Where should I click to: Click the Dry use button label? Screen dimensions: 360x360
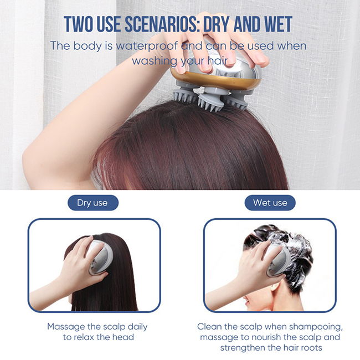tap(92, 203)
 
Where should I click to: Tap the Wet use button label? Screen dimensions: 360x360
tap(270, 203)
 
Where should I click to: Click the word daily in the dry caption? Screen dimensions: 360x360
tap(135, 327)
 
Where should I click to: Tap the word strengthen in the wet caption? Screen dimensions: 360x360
tap(243, 348)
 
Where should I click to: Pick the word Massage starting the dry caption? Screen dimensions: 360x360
tap(65, 327)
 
